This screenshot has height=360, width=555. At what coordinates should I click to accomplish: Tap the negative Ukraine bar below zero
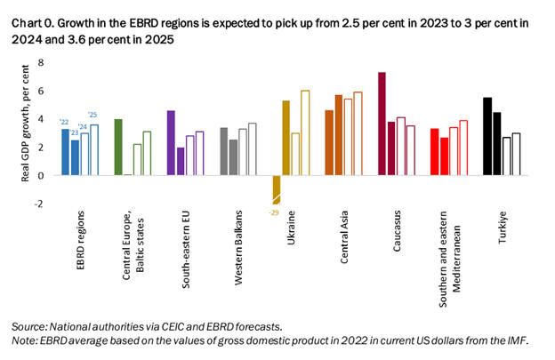pos(277,189)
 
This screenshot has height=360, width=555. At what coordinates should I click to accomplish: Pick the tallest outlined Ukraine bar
pos(306,132)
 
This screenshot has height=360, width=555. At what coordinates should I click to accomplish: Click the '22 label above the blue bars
pos(65,122)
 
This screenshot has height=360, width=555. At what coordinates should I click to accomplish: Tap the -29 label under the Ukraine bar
pos(274,211)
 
